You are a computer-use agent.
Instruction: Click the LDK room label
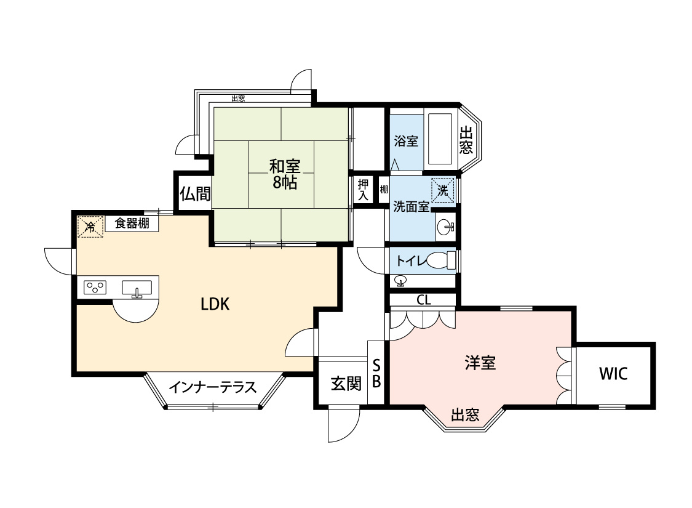point(215,304)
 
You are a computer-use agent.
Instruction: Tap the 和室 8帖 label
point(284,174)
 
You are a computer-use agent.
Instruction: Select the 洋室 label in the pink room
point(480,363)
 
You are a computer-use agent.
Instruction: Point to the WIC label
point(613,374)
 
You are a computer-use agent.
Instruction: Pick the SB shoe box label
point(376,373)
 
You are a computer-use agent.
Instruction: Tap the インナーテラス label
point(212,387)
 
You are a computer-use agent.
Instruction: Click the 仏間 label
point(194,194)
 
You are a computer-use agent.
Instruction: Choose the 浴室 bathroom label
point(405,140)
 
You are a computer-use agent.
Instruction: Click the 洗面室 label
point(411,207)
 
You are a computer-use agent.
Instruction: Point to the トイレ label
point(410,260)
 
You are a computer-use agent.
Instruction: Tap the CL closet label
point(423,300)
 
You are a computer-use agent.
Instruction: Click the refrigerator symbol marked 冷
point(90,227)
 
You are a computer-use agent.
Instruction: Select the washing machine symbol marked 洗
point(443,190)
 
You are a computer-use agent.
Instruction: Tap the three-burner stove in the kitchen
point(95,287)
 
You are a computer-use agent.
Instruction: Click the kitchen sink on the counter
point(137,288)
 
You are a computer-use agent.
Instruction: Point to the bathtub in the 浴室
point(440,139)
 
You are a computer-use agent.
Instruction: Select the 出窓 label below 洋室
point(464,415)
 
